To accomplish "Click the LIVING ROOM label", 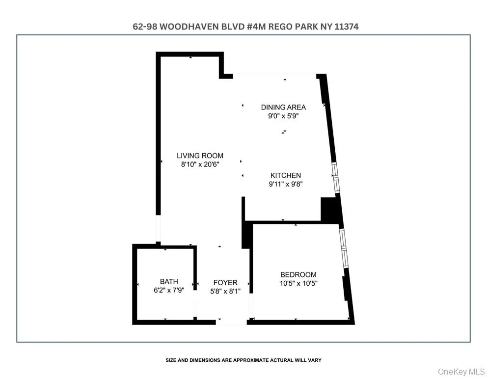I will click(x=200, y=156).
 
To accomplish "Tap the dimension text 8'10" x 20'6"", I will click(x=200, y=165).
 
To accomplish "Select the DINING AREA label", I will click(x=283, y=107).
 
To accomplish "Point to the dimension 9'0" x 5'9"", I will click(x=283, y=116).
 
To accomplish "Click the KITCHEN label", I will click(x=285, y=175).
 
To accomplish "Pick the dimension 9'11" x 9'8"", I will click(x=285, y=185).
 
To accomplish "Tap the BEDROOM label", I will click(x=298, y=274).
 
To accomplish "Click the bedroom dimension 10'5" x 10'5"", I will click(x=298, y=284).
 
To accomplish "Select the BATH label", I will click(x=169, y=281).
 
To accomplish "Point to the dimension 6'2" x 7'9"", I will click(x=169, y=291).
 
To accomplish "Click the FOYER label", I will click(x=225, y=282).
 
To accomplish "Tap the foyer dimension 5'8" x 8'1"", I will click(x=225, y=292).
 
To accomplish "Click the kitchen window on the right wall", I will click(x=336, y=177).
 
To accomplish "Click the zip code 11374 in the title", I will click(x=347, y=27).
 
